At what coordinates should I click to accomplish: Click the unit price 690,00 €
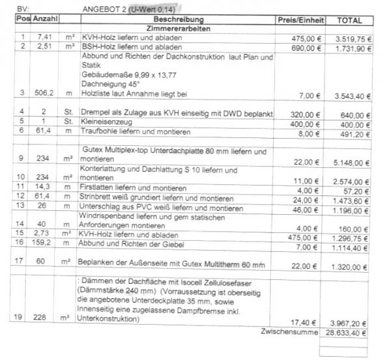(x=307, y=48)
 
